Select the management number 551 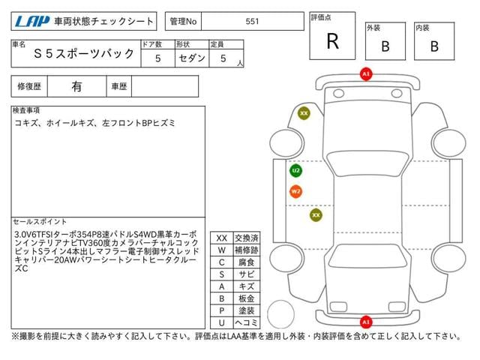pyautogui.click(x=252, y=22)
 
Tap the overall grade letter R pyautogui.click(x=332, y=42)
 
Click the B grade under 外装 pyautogui.click(x=385, y=46)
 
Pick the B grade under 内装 pyautogui.click(x=433, y=46)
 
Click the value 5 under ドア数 pyautogui.click(x=157, y=57)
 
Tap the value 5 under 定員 pyautogui.click(x=223, y=57)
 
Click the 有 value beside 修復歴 pyautogui.click(x=76, y=86)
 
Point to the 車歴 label pyautogui.click(x=119, y=86)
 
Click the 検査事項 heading pyautogui.click(x=26, y=110)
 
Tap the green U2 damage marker pyautogui.click(x=295, y=171)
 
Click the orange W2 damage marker pyautogui.click(x=295, y=191)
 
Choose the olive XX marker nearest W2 pyautogui.click(x=316, y=215)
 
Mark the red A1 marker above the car pyautogui.click(x=365, y=74)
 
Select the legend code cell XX pyautogui.click(x=222, y=238)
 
